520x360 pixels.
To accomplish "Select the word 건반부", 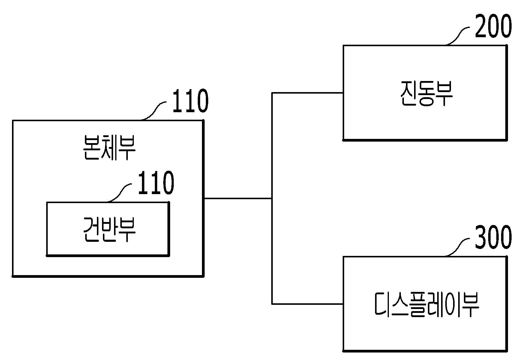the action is point(109,229).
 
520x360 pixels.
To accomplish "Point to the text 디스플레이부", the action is point(426,305).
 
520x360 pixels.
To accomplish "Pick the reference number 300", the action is point(493,238).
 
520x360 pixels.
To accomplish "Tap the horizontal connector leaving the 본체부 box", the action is point(238,198).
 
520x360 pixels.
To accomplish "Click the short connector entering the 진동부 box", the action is point(308,93).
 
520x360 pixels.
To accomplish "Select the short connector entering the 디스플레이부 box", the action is point(308,304).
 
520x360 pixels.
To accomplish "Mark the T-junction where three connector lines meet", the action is point(272,198).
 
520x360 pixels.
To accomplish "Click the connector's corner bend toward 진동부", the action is point(272,93).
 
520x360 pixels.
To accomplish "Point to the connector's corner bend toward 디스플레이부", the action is point(272,304).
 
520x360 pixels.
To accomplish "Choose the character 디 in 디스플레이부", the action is point(383,305).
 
